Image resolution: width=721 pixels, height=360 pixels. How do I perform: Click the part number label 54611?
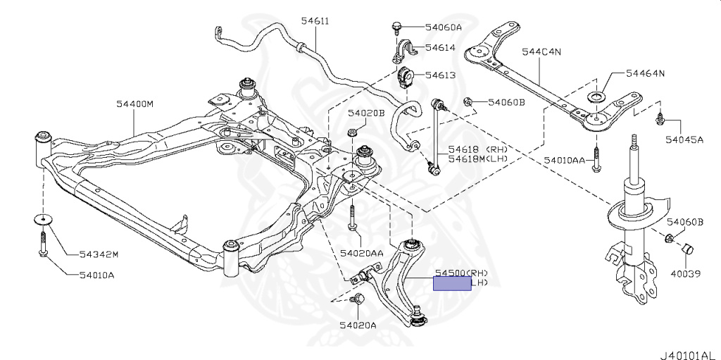point(315,21)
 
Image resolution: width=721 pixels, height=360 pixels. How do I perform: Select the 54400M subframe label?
point(134,104)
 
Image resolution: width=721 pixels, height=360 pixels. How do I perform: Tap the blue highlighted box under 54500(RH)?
point(452,284)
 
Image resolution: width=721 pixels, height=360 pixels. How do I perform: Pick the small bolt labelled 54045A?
point(660,120)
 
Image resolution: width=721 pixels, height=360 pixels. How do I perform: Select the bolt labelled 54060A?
point(396,27)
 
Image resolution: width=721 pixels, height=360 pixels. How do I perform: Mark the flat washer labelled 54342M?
point(43,220)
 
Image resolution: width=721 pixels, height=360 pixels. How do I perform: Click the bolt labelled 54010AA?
point(596,161)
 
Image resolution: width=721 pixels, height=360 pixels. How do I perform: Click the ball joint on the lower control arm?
point(418,316)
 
